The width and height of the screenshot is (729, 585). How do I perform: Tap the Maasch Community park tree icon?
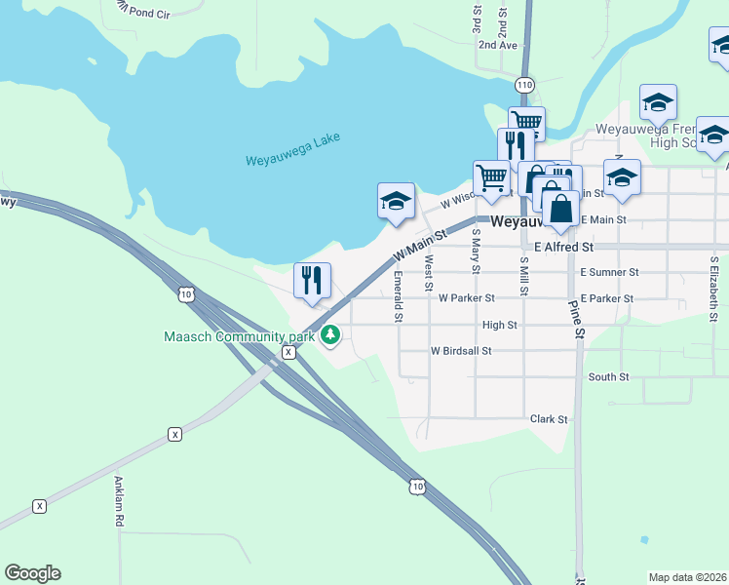coord(331,335)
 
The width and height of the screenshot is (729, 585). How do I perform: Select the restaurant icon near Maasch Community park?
coord(313,280)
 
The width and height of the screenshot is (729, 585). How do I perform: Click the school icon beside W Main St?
coord(396,202)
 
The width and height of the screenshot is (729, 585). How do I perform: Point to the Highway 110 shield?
coord(525,85)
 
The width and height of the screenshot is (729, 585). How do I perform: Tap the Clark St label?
coord(548,419)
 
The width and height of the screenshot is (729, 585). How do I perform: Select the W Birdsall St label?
coord(461,350)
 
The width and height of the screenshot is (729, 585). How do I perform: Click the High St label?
coord(499,325)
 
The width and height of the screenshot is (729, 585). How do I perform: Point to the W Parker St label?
coord(467,298)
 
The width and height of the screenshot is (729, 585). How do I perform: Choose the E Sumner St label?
coord(608,273)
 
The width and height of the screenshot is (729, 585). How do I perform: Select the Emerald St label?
coord(398,296)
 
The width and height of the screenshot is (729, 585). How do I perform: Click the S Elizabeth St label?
coord(714,289)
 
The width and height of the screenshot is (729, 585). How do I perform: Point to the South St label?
coord(608,376)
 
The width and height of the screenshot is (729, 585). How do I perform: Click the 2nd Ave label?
coord(496,45)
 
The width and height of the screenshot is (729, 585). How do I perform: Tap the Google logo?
coord(32,573)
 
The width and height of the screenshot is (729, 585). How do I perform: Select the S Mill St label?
coord(523,277)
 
